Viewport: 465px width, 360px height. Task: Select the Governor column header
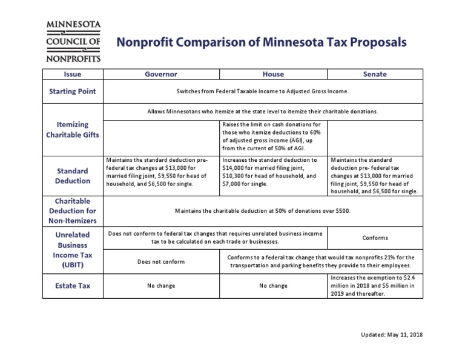pyautogui.click(x=161, y=74)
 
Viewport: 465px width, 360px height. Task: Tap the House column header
pyautogui.click(x=273, y=74)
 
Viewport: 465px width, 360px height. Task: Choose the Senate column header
pyautogui.click(x=375, y=74)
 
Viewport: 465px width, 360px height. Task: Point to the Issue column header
pyautogui.click(x=73, y=74)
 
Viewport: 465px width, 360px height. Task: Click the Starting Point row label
pyautogui.click(x=73, y=92)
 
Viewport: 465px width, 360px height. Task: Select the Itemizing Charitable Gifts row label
pyautogui.click(x=73, y=129)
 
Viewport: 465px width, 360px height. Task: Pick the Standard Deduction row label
pyautogui.click(x=73, y=176)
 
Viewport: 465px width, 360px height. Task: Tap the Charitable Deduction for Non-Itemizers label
pyautogui.click(x=73, y=210)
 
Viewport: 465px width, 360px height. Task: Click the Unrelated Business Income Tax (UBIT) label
pyautogui.click(x=73, y=248)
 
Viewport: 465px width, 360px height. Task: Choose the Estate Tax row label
pyautogui.click(x=73, y=285)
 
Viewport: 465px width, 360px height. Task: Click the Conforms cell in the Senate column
pyautogui.click(x=375, y=238)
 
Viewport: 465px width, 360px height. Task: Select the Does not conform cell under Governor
pyautogui.click(x=161, y=262)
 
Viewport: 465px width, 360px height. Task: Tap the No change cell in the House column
pyautogui.click(x=273, y=285)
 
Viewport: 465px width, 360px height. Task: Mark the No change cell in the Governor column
pyautogui.click(x=161, y=285)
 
